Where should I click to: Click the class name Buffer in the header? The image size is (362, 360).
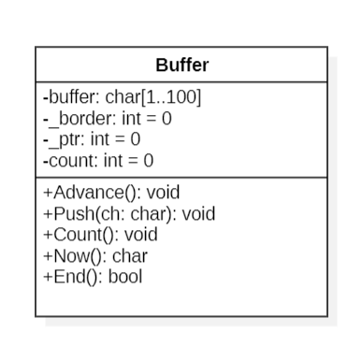point(181,65)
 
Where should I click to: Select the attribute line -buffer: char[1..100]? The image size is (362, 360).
point(122,97)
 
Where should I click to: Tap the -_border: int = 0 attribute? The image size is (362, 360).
point(107,119)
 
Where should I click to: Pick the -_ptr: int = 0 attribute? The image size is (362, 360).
point(92,139)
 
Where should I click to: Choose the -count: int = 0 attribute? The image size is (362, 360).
point(98,160)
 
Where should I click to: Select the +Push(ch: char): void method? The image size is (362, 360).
point(129,214)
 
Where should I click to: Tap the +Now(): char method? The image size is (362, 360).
point(95,255)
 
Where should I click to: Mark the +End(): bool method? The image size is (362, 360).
point(93,276)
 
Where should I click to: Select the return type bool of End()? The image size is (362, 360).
point(125,276)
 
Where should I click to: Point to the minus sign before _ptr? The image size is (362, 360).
point(46,139)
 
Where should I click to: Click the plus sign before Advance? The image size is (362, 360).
point(48,193)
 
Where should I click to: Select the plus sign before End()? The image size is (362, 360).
point(48,276)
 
